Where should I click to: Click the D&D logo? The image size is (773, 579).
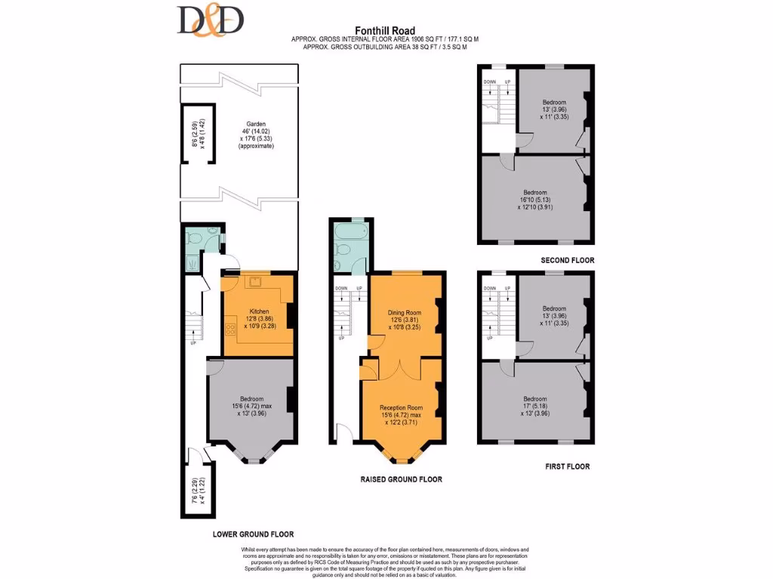pos(211,20)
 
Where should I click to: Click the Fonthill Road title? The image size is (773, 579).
pos(386,31)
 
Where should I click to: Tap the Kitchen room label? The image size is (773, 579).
pos(259,311)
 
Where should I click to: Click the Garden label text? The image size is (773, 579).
pos(256,124)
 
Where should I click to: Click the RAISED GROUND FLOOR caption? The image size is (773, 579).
pos(401,479)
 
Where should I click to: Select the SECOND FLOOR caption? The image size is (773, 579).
pos(567,260)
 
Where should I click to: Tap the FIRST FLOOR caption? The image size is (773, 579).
pos(567,467)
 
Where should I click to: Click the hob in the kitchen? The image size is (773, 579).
pos(229,329)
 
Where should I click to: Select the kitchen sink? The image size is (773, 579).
pos(254,282)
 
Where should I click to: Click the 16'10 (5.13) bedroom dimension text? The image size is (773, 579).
pos(535,199)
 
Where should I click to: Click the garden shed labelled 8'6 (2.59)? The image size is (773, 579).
pos(198,133)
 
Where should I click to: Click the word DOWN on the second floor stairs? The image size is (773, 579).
pos(489,81)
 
